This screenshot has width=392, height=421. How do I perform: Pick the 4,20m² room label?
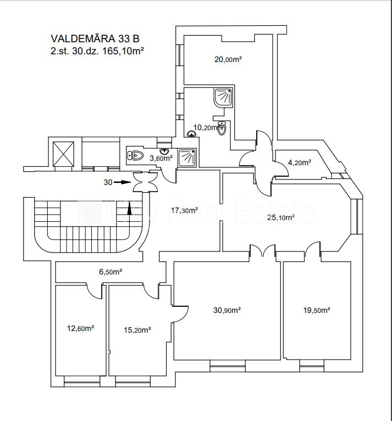click(300, 162)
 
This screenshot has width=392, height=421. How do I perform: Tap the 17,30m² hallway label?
click(185, 210)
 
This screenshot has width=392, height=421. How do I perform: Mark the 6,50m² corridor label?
click(110, 271)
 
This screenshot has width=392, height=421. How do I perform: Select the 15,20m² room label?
click(138, 330)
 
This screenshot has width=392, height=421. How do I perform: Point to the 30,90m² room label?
click(227, 310)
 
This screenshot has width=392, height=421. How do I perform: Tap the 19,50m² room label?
click(317, 310)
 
